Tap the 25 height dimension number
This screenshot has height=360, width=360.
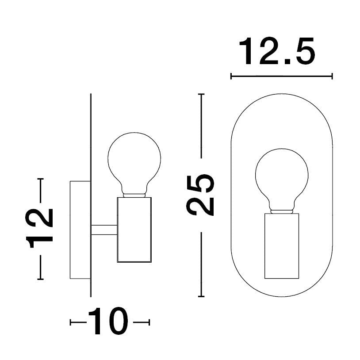pos(201,195)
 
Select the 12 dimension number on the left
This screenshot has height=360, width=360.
pos(41,228)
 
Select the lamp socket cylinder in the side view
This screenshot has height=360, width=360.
pos(134,230)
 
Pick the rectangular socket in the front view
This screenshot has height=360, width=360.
pos(282,245)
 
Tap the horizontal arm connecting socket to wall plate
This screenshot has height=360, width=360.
pos(104,230)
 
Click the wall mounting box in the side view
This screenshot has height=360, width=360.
pos(80,230)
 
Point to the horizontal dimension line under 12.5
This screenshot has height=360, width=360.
pos(282,77)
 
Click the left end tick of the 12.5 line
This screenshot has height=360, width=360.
pos(231,77)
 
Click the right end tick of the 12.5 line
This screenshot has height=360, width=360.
pos(332,77)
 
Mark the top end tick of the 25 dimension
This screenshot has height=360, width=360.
pos(202,95)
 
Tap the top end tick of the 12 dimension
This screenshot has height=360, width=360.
pos(41,179)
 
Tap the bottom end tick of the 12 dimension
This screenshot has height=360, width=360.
pos(41,279)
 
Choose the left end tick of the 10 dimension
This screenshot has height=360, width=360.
pos(71,322)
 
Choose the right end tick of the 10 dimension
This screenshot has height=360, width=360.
pos(149,322)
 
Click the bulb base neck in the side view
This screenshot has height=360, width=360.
pos(134,195)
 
